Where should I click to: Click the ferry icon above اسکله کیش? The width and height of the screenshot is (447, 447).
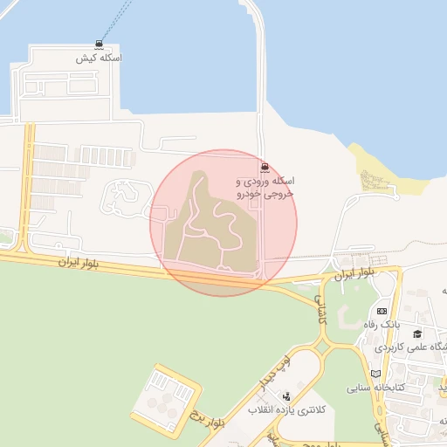[x=99, y=45]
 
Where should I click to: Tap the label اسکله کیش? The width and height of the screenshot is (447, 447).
[x=99, y=58]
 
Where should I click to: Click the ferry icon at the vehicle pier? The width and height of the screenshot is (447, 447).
[x=264, y=167]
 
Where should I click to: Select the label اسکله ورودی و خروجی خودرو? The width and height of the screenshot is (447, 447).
[x=267, y=187]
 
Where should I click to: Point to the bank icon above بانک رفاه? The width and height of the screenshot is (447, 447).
[x=382, y=311]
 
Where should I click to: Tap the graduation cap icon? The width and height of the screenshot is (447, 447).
[x=418, y=334]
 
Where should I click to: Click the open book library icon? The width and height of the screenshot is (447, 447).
[x=376, y=373]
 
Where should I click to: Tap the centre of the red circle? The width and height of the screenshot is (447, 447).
[x=223, y=223]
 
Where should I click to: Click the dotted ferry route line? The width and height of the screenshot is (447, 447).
[x=112, y=17]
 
